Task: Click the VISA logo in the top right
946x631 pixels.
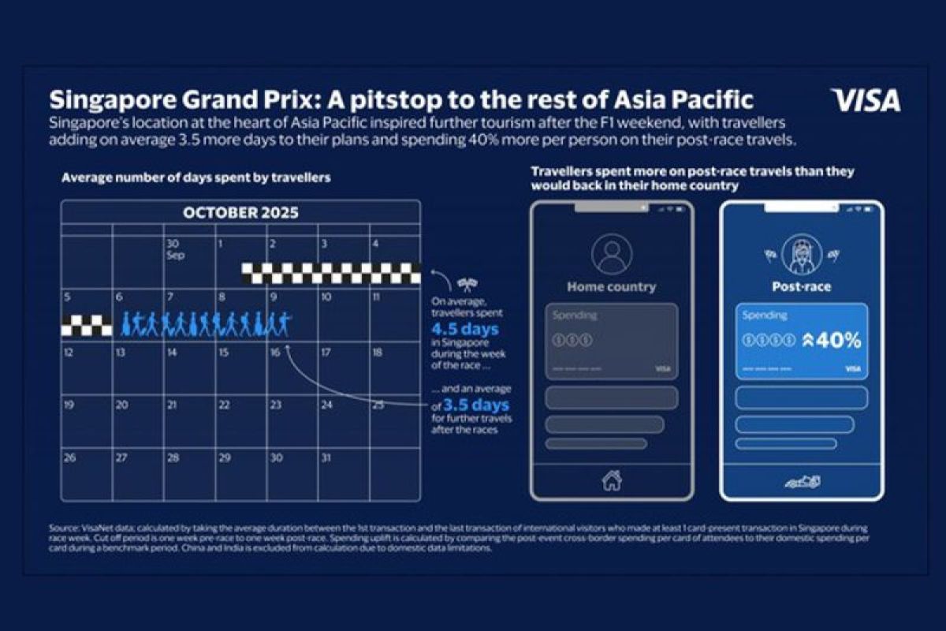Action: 865,101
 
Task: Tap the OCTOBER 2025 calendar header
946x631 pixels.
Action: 240,213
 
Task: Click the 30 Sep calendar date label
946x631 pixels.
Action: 173,249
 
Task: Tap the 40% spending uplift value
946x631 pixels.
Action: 835,341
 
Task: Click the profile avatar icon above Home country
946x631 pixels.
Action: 611,254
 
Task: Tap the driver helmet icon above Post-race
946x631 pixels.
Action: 801,254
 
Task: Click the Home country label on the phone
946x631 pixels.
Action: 611,287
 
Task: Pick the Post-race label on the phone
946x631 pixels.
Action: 801,287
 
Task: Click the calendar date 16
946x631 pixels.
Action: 274,353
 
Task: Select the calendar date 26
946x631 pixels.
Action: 70,457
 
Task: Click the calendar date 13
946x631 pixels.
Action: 121,353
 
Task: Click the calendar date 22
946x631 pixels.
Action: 224,405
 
